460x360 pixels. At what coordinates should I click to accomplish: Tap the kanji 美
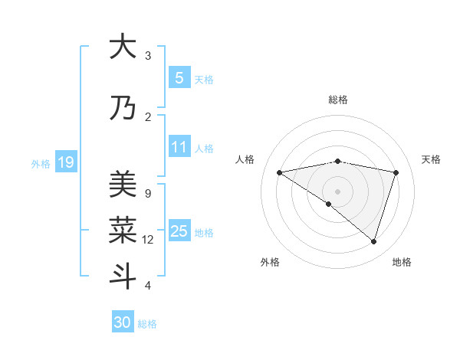123,184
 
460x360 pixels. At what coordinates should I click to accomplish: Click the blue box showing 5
179,78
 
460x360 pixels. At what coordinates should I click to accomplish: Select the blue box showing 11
179,147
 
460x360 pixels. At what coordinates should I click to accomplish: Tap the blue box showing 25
179,231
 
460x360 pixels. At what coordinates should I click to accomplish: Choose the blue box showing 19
65,162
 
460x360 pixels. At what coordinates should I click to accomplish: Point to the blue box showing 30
123,322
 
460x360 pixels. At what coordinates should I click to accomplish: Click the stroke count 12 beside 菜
148,240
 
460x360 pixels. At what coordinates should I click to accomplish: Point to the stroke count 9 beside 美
147,193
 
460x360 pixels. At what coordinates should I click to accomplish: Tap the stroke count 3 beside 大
148,56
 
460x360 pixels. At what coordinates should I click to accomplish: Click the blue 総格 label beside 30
147,324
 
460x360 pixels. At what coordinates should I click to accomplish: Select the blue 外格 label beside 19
40,163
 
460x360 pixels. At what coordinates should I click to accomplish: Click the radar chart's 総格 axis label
337,100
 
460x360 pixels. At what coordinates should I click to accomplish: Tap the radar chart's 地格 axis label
402,262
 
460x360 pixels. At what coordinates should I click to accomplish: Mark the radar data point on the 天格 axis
396,172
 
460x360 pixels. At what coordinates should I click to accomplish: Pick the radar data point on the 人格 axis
279,172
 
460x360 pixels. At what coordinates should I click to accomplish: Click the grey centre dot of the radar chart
337,191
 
